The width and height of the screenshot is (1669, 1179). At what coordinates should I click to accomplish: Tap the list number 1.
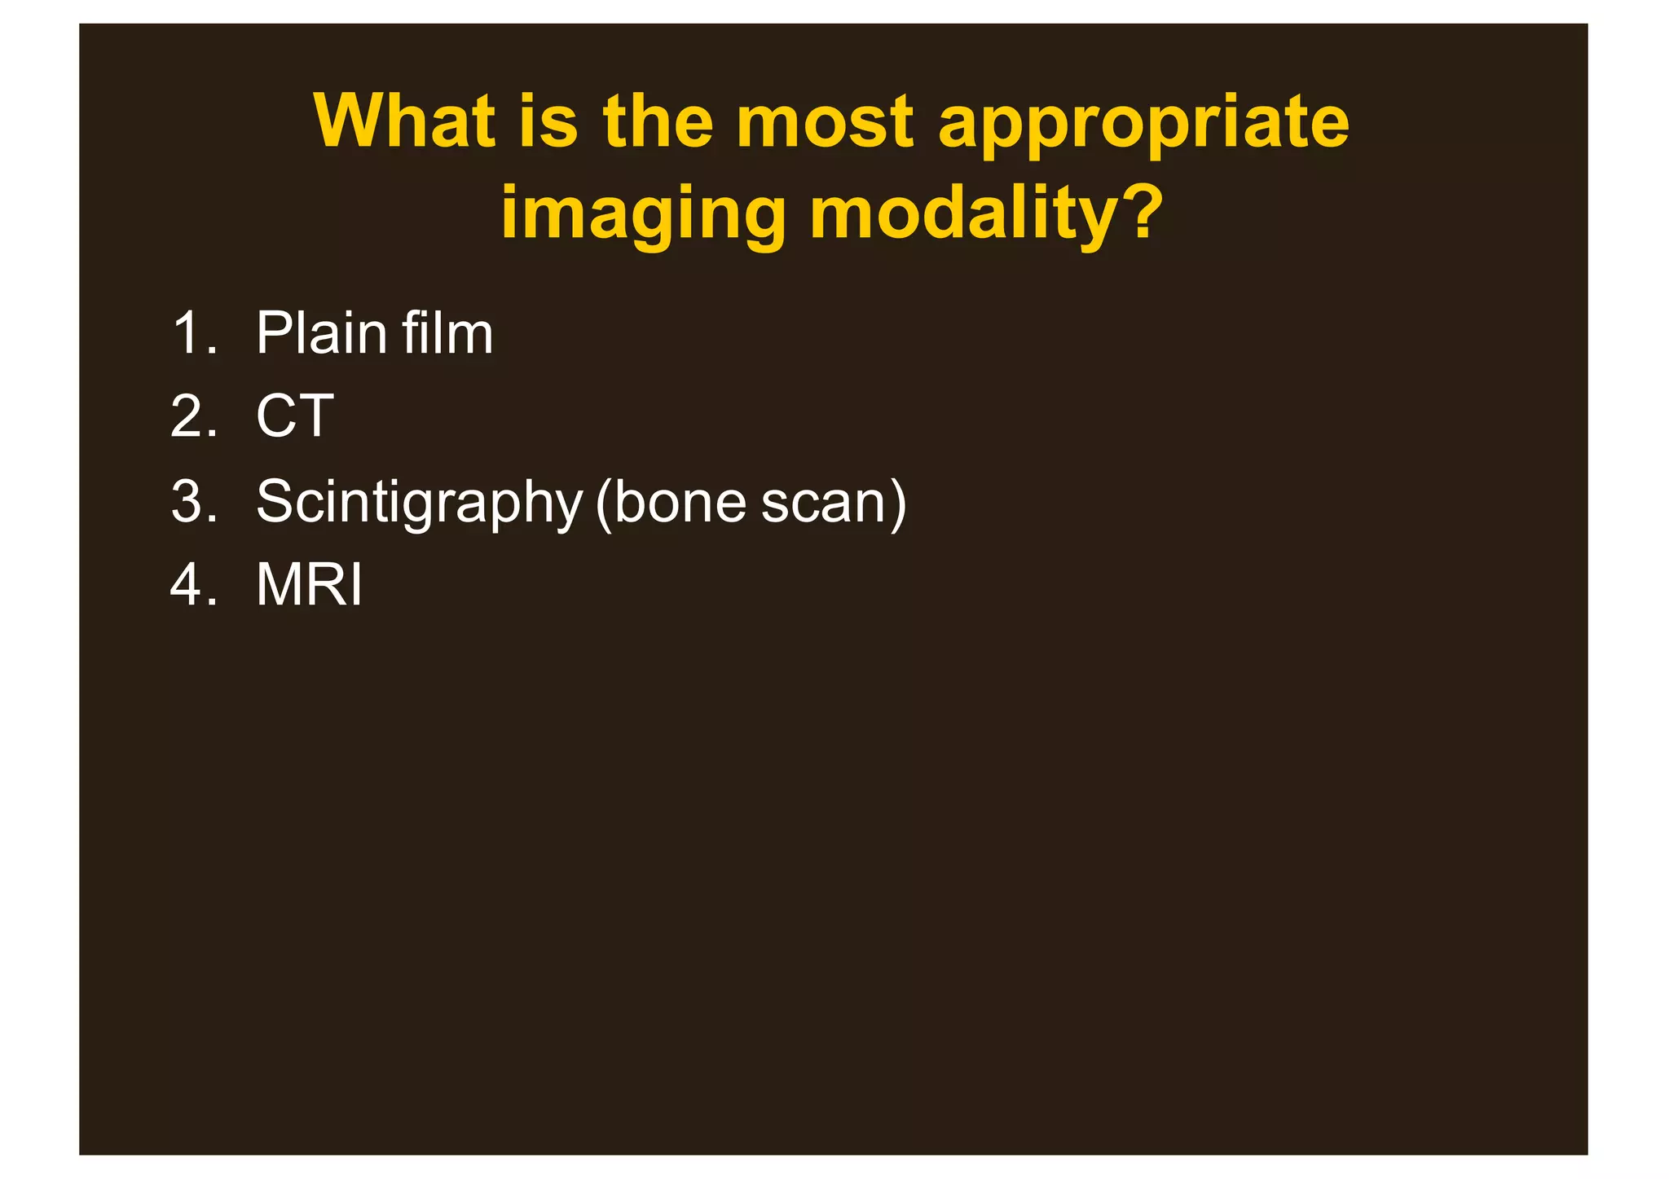tap(193, 334)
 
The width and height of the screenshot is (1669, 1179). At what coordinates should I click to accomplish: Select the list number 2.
tap(193, 416)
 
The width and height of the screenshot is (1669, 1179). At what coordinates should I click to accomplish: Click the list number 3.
tap(193, 501)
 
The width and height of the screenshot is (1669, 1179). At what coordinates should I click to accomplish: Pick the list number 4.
tap(193, 585)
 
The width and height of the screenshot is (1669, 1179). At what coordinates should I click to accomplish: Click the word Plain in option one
tap(321, 334)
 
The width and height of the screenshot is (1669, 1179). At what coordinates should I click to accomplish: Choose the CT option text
tap(294, 416)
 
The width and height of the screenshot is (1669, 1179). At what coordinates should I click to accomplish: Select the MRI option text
tap(309, 585)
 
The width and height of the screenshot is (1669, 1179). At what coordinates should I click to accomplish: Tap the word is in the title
tap(548, 122)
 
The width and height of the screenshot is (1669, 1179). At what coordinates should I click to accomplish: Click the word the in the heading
tap(658, 122)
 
